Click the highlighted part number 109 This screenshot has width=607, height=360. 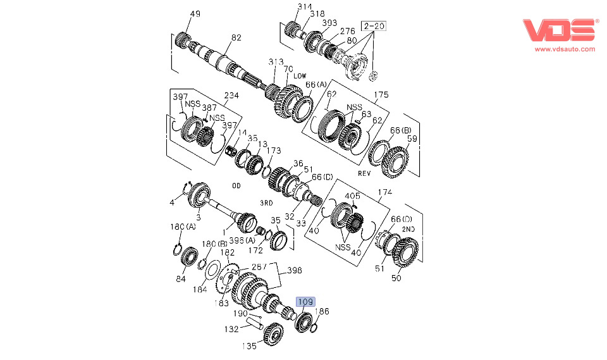(306, 302)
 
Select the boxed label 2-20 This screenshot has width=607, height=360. (373, 26)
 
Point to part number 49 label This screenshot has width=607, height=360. (195, 14)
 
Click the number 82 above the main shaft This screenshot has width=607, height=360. (236, 38)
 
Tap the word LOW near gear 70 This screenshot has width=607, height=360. (300, 76)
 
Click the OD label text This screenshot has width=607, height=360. (236, 185)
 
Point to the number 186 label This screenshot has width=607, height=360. (322, 311)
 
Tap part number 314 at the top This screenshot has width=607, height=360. (305, 6)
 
